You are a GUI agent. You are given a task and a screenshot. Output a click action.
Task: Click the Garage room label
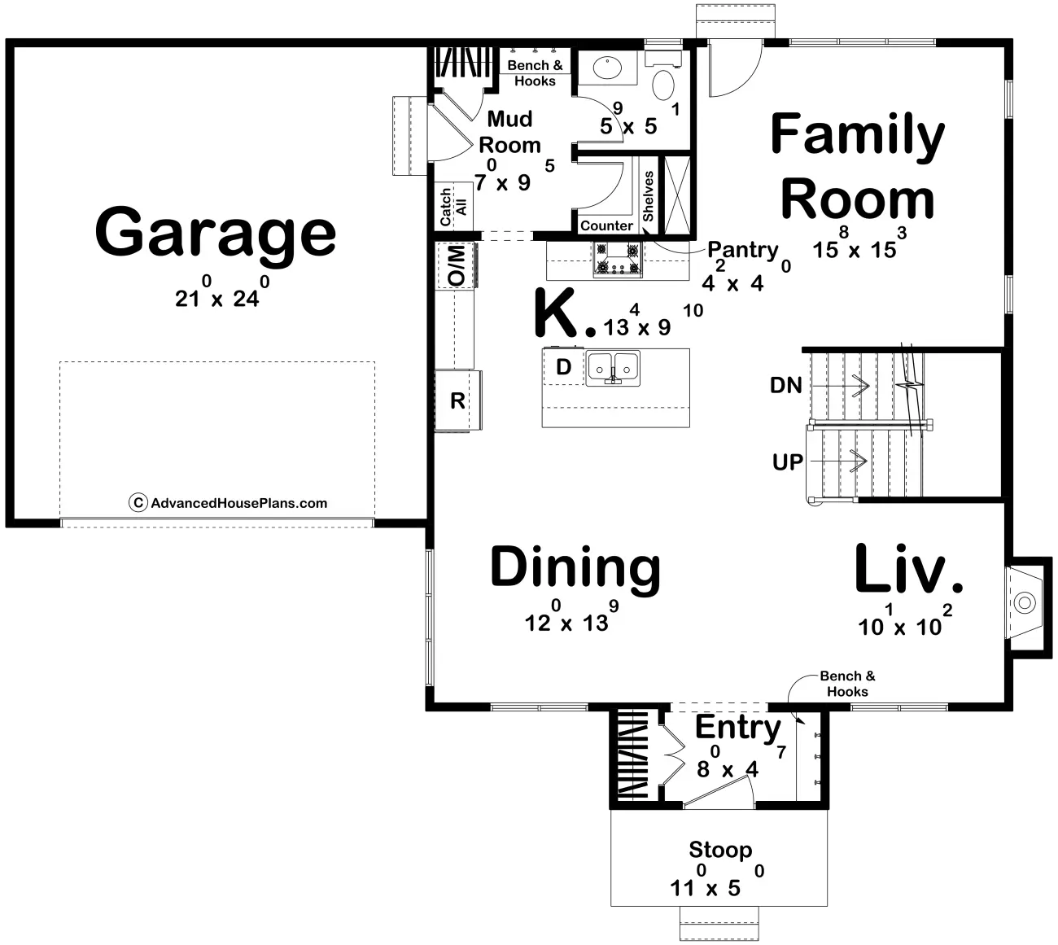pyautogui.click(x=216, y=234)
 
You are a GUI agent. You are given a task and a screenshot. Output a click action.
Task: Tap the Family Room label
pyautogui.click(x=858, y=166)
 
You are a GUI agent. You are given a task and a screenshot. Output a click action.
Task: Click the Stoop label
pyautogui.click(x=720, y=851)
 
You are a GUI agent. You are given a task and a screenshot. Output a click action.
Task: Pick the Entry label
pyautogui.click(x=738, y=728)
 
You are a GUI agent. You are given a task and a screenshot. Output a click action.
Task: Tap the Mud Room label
pyautogui.click(x=509, y=132)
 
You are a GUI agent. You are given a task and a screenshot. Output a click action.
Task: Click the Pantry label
pyautogui.click(x=742, y=251)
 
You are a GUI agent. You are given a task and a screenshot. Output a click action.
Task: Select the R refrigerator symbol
pyautogui.click(x=457, y=400)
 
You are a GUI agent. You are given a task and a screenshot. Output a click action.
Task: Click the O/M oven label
pyautogui.click(x=457, y=266)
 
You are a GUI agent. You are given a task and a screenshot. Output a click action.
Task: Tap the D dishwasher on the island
pyautogui.click(x=563, y=367)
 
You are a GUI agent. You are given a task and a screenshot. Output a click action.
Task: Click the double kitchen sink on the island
pyautogui.click(x=613, y=368)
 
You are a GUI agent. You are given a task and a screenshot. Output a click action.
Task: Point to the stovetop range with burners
pyautogui.click(x=618, y=259)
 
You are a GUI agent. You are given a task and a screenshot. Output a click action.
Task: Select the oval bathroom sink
pyautogui.click(x=607, y=68)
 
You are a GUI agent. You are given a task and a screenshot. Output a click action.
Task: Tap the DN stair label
pyautogui.click(x=786, y=386)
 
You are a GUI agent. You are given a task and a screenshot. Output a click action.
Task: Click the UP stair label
pyautogui.click(x=788, y=462)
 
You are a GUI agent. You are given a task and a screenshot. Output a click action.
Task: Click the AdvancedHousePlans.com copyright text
pyautogui.click(x=228, y=503)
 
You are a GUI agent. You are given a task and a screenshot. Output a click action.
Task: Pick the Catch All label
pyautogui.click(x=453, y=207)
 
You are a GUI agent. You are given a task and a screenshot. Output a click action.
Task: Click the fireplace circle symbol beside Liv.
pyautogui.click(x=1025, y=603)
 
